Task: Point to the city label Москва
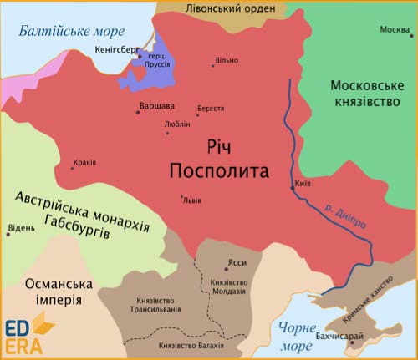[395, 30]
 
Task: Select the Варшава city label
[156, 106]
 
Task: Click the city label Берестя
[210, 109]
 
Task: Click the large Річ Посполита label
[219, 159]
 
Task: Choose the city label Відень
[21, 227]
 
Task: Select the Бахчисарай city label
[340, 336]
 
